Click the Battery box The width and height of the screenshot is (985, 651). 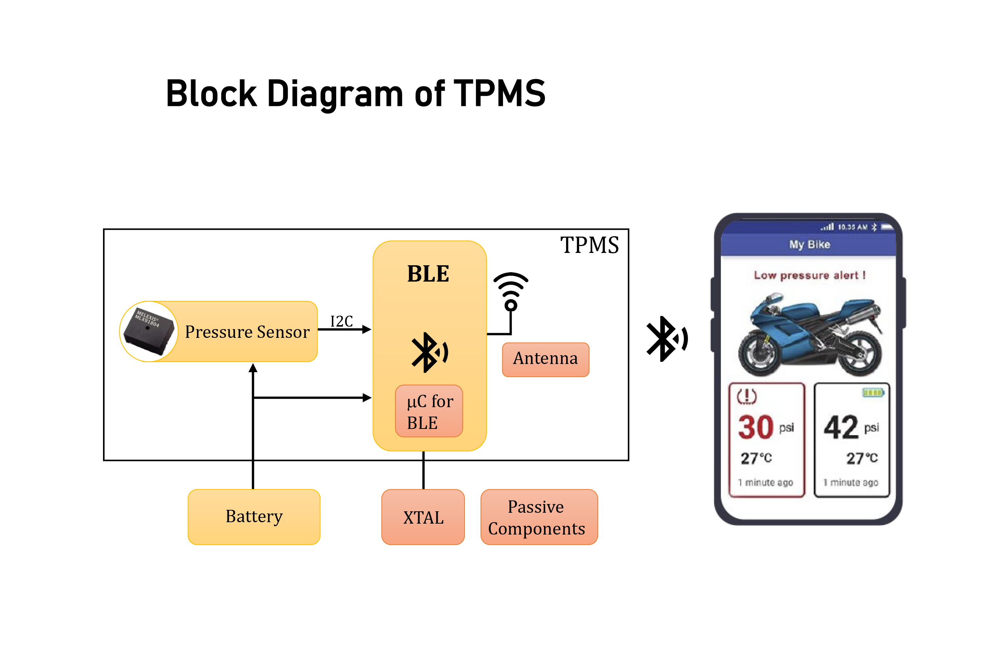click(254, 516)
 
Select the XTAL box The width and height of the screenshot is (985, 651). click(423, 517)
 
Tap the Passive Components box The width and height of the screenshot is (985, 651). click(539, 517)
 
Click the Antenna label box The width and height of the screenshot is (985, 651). click(545, 359)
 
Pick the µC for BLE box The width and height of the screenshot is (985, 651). click(429, 411)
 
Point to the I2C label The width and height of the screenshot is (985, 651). click(341, 321)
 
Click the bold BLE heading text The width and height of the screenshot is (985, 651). click(428, 274)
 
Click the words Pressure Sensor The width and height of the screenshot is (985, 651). click(247, 332)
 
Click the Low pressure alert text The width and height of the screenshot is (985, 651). click(809, 275)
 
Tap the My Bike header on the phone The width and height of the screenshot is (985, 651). click(809, 245)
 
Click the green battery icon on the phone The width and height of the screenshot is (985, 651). click(873, 392)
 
